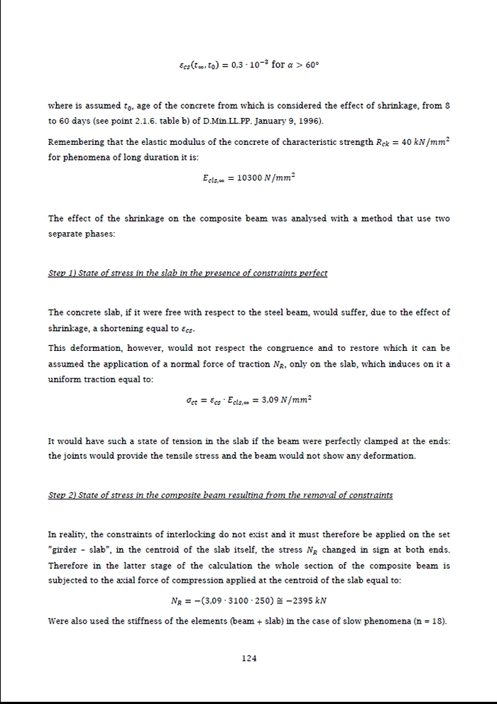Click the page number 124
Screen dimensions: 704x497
point(248,659)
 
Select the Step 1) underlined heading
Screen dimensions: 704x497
point(187,274)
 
